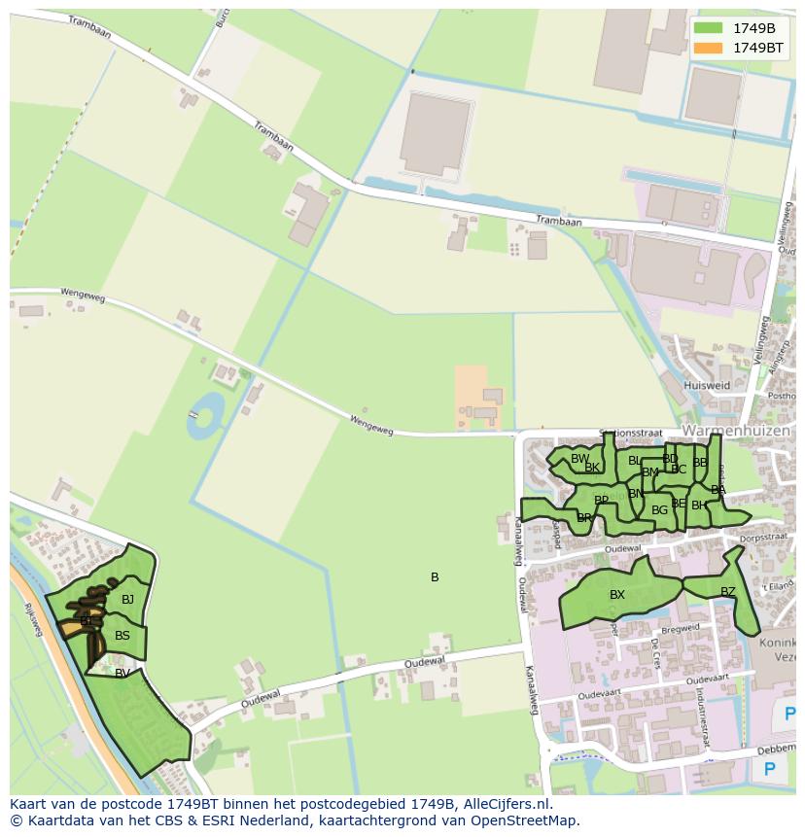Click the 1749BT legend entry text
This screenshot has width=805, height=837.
[757, 47]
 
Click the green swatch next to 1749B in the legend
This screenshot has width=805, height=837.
[709, 27]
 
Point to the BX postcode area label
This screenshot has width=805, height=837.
[617, 595]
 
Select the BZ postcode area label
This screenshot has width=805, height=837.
[728, 591]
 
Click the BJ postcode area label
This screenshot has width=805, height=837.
[127, 600]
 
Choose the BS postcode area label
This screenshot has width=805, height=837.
[122, 636]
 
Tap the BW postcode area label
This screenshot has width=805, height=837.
[579, 459]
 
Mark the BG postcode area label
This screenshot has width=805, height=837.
[659, 509]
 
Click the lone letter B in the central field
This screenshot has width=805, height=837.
[435, 577]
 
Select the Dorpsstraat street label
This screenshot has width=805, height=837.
[761, 536]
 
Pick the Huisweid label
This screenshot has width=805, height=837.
[707, 385]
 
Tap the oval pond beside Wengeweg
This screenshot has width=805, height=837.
[205, 415]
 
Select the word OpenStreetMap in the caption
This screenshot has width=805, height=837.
[522, 820]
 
